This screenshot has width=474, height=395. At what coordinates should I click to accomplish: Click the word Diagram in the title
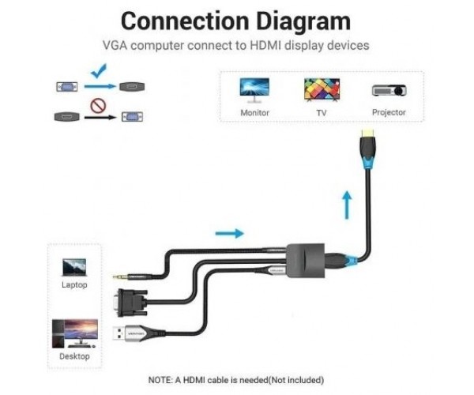tap(303, 21)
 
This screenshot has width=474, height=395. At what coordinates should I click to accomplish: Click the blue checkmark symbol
tap(99, 71)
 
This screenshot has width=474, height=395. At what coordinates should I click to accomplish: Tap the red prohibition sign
tap(98, 106)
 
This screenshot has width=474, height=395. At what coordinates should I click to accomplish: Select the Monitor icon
tap(254, 90)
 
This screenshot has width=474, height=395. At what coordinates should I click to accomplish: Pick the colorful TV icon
tap(322, 90)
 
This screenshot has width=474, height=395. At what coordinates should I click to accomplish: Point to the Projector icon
tap(389, 90)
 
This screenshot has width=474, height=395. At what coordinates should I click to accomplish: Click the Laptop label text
tap(74, 284)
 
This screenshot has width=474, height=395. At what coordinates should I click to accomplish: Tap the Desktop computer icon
tap(75, 333)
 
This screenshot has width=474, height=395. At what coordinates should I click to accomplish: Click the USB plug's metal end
tap(118, 333)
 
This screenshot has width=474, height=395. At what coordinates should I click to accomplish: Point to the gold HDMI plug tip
tap(368, 133)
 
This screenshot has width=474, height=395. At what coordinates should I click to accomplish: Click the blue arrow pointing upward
tap(347, 205)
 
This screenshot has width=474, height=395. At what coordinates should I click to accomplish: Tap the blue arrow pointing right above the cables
tap(229, 233)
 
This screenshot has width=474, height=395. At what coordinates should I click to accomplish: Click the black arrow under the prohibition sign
tap(100, 117)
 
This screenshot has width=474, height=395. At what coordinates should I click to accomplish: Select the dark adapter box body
tap(305, 261)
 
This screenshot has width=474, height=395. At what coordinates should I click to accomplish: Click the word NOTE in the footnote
tap(160, 380)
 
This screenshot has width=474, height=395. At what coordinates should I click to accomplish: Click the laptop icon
tap(74, 268)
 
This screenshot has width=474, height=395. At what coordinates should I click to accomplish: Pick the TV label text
tap(322, 113)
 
